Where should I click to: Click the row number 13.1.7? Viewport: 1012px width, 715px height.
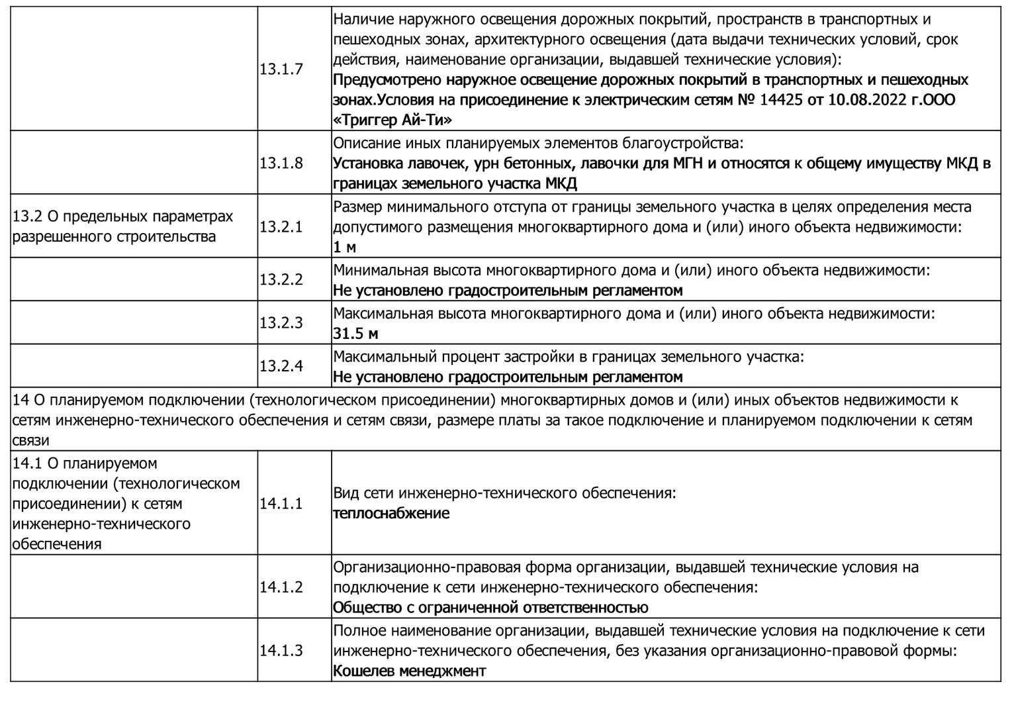(x=281, y=70)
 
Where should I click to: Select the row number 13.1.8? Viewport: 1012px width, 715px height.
(x=281, y=163)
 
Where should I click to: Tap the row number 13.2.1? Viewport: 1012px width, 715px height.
(x=281, y=226)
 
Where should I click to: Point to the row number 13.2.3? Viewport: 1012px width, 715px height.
(x=281, y=323)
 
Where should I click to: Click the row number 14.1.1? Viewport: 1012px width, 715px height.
(x=281, y=504)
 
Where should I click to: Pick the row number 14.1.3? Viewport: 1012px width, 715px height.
(x=281, y=651)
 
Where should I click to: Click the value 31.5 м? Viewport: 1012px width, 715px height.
(x=355, y=334)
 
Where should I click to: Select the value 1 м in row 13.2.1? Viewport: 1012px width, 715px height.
(x=344, y=248)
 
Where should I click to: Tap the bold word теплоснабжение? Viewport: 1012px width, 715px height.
(x=391, y=514)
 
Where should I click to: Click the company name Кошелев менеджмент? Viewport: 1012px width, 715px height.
(x=409, y=671)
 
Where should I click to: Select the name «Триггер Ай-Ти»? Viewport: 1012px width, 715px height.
(x=392, y=120)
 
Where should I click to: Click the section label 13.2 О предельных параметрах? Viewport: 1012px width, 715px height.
(x=123, y=216)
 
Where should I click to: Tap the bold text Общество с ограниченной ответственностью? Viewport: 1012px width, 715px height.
(x=490, y=608)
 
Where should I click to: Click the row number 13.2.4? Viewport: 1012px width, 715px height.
(x=281, y=366)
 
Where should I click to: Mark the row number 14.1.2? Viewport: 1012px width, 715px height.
(x=281, y=587)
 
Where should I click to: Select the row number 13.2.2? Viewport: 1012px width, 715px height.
(x=281, y=280)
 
